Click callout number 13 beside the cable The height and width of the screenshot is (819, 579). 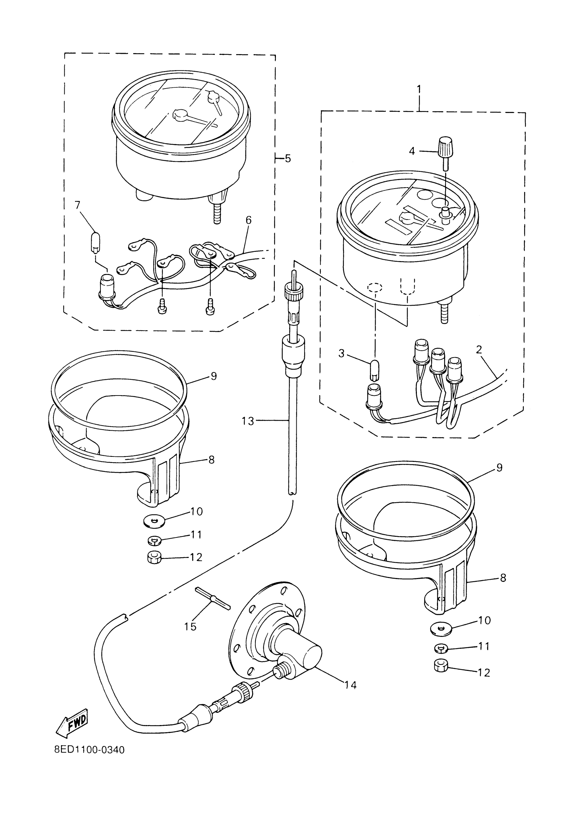point(248,421)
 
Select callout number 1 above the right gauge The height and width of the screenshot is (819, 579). point(419,89)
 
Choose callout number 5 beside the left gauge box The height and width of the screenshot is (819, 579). point(288,158)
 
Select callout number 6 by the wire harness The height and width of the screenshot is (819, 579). point(248,220)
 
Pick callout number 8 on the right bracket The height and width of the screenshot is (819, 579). point(503,578)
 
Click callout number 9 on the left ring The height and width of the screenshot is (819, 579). point(214,376)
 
